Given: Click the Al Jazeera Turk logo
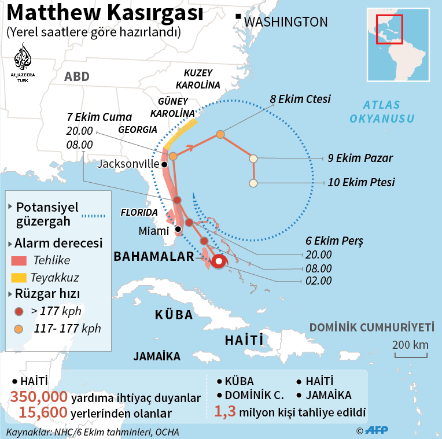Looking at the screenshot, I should [23, 63].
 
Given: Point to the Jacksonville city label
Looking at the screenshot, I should [128, 164].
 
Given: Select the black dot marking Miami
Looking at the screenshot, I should [178, 229].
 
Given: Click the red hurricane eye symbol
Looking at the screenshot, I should [218, 261].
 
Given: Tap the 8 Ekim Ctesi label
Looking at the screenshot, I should [300, 99].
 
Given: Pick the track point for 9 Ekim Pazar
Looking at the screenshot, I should [253, 158].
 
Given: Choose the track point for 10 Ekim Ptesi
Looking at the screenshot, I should [253, 183].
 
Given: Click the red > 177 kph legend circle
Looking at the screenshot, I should [19, 311].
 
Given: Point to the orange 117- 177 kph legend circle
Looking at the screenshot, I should [19, 329].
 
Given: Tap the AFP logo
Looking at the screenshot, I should [376, 430].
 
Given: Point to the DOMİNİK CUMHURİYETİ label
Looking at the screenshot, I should [371, 328].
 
